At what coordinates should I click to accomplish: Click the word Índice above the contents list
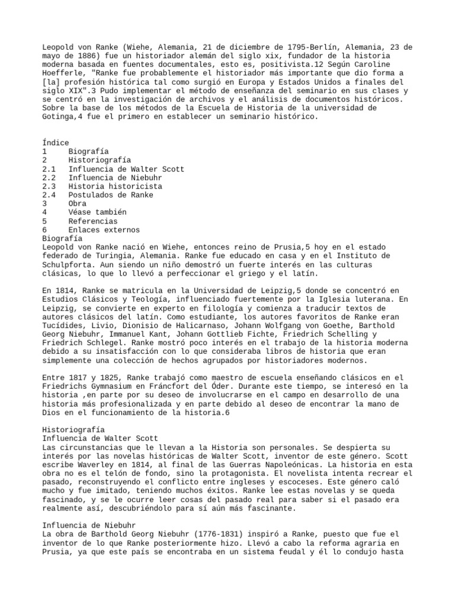[x=56, y=143]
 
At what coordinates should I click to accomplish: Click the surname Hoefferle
[x=65, y=73]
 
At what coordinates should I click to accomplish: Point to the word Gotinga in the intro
[x=58, y=117]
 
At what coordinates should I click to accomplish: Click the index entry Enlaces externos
[x=104, y=229]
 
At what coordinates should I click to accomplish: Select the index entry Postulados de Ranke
[x=110, y=195]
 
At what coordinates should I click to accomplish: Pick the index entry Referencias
[x=93, y=221]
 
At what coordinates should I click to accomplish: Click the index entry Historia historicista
[x=115, y=186]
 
